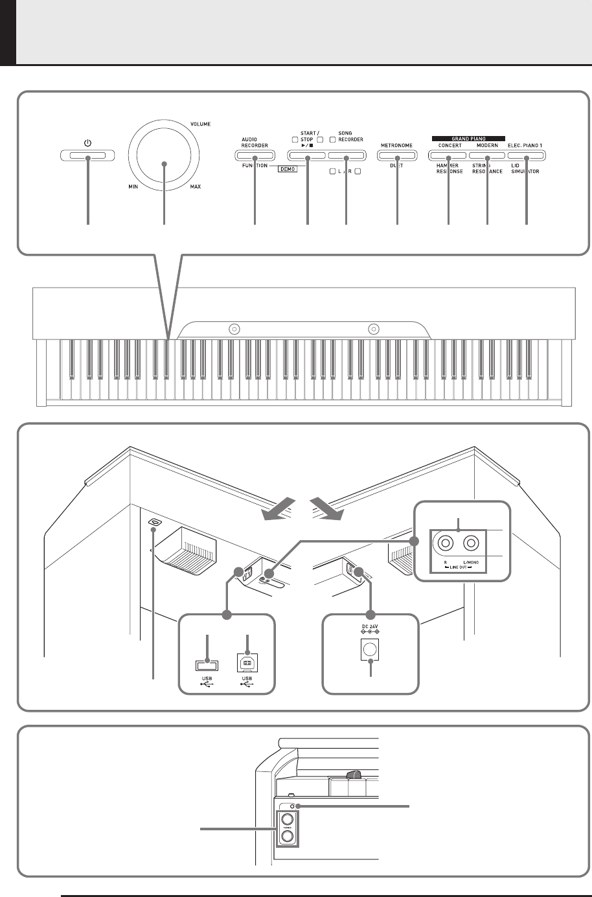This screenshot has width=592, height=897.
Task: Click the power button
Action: (x=87, y=155)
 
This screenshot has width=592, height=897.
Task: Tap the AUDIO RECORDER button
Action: (x=255, y=155)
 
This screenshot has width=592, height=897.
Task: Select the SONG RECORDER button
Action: (x=347, y=155)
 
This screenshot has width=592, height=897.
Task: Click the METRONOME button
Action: (x=396, y=155)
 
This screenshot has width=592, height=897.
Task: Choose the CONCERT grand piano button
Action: (x=449, y=155)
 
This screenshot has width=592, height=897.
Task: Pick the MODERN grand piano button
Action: (x=487, y=155)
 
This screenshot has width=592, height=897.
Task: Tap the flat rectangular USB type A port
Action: (x=206, y=664)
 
